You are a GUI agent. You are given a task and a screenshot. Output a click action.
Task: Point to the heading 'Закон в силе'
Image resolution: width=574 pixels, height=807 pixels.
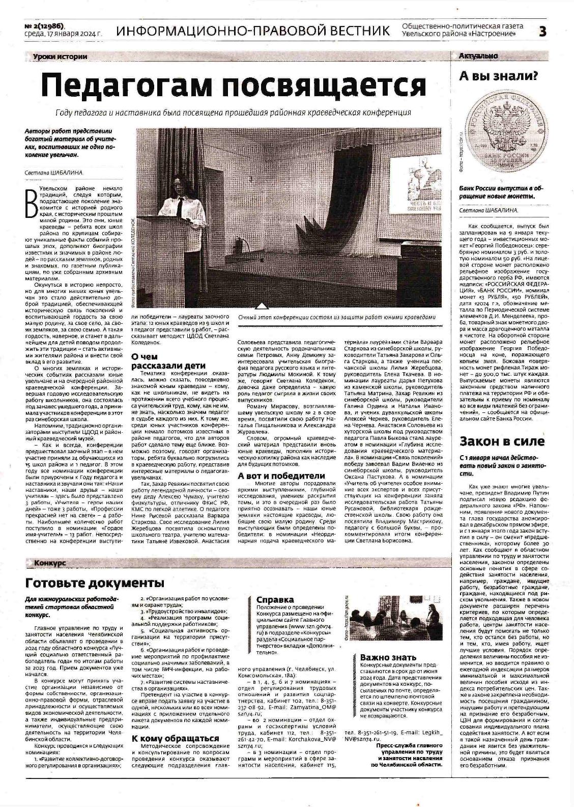click(502, 441)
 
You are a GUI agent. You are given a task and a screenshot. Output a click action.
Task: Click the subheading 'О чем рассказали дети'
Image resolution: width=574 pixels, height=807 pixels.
click(161, 361)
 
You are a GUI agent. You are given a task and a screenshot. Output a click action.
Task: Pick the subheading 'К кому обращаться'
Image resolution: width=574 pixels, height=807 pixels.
click(175, 738)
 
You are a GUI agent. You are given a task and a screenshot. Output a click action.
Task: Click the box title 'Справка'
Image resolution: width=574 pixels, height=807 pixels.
click(275, 600)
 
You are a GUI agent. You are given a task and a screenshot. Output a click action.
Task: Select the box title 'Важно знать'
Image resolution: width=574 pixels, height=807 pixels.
click(388, 657)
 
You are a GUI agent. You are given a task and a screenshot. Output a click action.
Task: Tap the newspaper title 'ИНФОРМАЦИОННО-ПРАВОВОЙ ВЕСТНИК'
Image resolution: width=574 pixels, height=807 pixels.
click(253, 31)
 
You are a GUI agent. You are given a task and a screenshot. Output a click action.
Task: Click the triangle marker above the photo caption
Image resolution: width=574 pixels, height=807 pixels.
click(262, 306)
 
